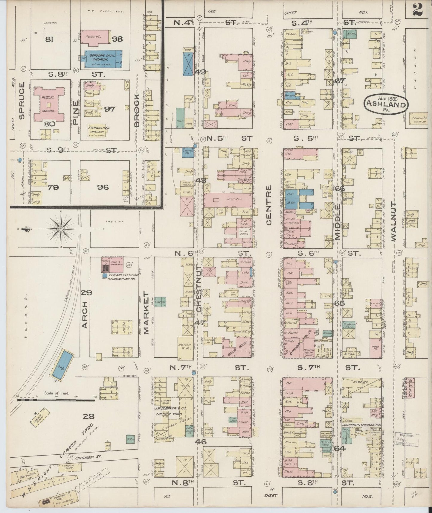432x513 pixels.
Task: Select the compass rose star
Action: click(61, 229)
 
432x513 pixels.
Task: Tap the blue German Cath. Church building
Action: click(103, 59)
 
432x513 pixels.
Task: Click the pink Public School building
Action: click(49, 104)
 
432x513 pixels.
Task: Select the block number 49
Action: click(201, 72)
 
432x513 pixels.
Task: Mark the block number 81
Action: click(49, 39)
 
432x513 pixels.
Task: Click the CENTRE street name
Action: click(268, 205)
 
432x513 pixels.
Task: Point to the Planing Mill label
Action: click(61, 497)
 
